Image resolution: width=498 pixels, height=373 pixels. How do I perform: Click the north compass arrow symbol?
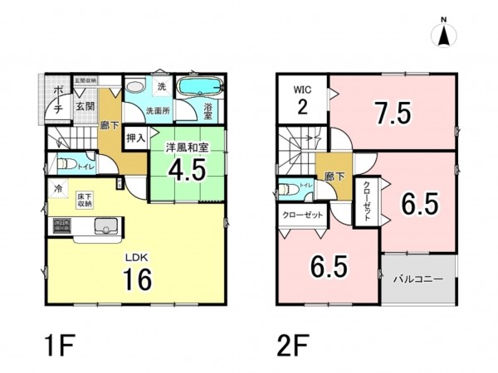[x=444, y=36]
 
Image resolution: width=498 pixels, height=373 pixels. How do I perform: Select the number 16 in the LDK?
[x=138, y=280]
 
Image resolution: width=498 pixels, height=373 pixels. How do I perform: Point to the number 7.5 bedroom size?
[x=393, y=112]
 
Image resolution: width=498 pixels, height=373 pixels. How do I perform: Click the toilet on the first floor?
[x=68, y=163]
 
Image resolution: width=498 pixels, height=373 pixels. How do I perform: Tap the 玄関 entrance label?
[x=85, y=106]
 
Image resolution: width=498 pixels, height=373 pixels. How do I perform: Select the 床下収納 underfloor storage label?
[x=85, y=199]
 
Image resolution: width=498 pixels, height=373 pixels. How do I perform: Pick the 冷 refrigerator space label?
[x=59, y=190]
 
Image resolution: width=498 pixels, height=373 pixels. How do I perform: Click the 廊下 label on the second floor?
[x=334, y=177]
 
